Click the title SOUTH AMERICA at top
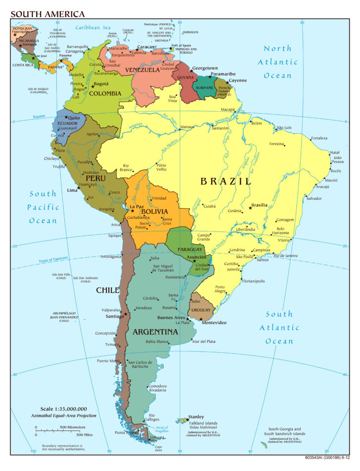click(47, 14)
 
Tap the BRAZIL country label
click(225, 182)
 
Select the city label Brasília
click(260, 205)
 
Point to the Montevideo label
click(214, 323)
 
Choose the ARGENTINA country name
click(155, 331)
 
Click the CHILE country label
click(108, 290)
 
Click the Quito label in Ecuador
click(74, 118)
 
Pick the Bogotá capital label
click(101, 84)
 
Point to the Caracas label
click(145, 47)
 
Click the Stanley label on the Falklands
click(196, 417)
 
